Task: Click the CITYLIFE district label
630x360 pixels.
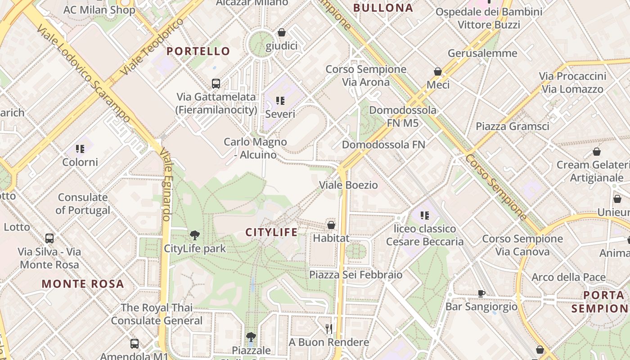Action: point(271,232)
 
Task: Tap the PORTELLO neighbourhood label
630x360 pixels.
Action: point(198,51)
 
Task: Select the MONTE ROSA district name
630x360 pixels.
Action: point(83,284)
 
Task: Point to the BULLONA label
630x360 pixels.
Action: point(383,8)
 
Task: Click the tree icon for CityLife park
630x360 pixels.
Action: point(195,235)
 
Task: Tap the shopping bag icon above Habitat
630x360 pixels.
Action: point(331,225)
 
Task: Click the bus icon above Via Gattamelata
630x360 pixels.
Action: point(216,83)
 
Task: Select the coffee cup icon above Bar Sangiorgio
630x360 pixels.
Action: point(481,294)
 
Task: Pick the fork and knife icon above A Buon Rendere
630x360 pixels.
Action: point(329,329)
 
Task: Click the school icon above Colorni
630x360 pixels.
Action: point(80,149)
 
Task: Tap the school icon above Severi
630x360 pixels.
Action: point(280,101)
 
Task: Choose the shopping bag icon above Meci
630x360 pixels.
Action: point(438,72)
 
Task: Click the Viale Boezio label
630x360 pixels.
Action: point(348,185)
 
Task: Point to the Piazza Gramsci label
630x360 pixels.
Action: point(513,126)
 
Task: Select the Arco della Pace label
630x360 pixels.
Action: point(568,277)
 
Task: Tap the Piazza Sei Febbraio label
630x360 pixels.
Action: point(356,274)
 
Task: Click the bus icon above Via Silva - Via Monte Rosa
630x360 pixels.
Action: point(49,238)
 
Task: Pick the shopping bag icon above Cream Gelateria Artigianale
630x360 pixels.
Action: point(597,152)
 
